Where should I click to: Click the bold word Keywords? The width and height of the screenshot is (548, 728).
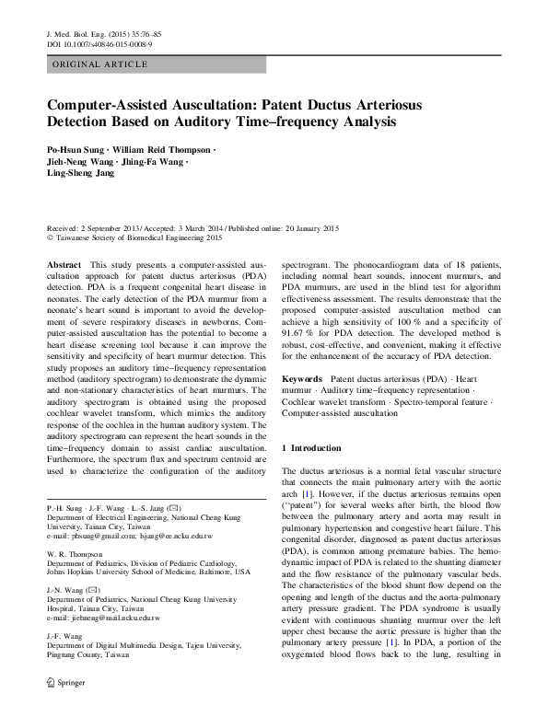point(301,378)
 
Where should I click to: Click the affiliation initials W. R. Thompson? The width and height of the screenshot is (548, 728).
point(76,554)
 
